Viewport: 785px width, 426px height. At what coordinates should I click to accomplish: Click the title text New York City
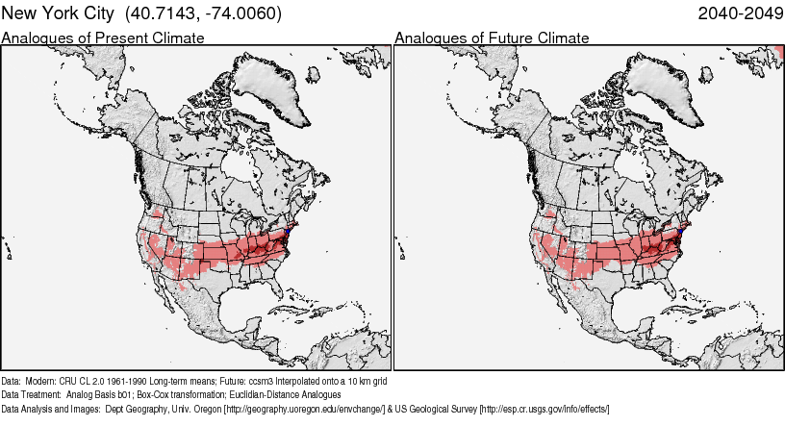(x=59, y=13)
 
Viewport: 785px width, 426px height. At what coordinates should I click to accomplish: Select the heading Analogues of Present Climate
(x=103, y=38)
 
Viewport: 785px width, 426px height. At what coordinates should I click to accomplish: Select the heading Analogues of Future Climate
(x=493, y=38)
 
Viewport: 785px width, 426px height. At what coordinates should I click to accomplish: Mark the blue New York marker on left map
(x=287, y=233)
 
